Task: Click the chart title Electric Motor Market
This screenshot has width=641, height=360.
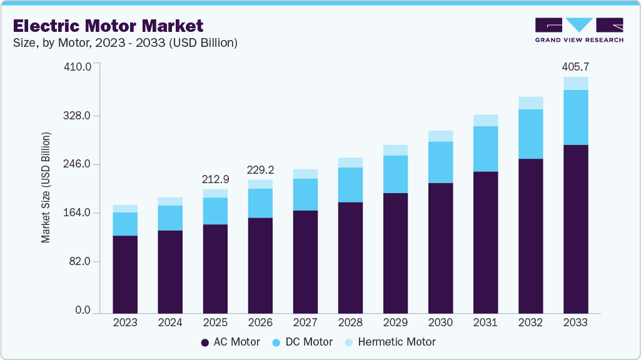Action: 108,26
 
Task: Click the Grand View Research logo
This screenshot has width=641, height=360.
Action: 579,29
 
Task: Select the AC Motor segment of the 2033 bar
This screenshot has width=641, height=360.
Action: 575,228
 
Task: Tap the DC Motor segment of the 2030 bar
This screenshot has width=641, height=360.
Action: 440,162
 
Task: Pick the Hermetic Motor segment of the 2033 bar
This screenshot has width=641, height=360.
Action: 575,83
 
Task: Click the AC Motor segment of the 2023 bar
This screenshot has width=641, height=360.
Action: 125,274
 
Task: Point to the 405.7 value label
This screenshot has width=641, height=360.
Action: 575,67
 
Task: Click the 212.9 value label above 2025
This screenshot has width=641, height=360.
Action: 215,179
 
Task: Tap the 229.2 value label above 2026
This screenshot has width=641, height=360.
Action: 260,170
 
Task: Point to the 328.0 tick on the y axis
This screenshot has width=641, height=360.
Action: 79,116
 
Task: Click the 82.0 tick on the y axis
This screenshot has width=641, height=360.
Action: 82,261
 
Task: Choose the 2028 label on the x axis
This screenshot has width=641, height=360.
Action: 350,322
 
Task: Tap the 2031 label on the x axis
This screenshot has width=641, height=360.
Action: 485,322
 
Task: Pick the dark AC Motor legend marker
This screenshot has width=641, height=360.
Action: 204,342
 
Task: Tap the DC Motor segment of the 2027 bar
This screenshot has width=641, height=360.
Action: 305,194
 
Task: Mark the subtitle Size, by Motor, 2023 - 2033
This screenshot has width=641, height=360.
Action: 125,43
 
